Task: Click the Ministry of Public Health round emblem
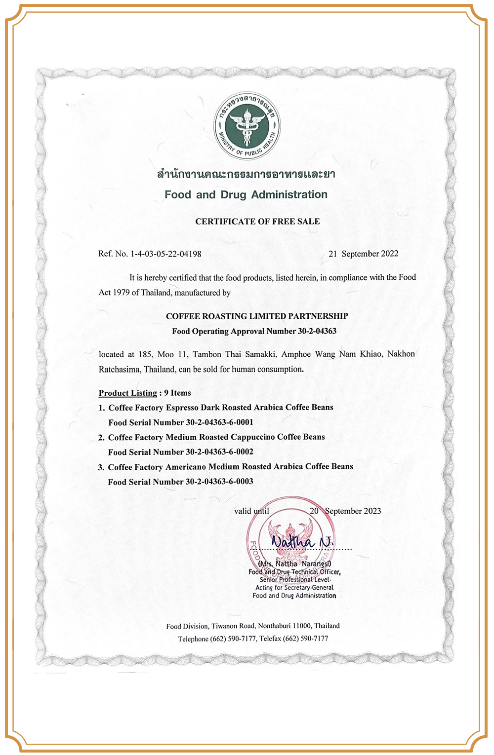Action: tap(247, 125)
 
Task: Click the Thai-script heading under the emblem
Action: tap(246, 174)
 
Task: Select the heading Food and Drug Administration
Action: tap(246, 194)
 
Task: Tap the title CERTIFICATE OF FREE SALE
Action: tap(257, 222)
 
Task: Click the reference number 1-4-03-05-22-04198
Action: tap(165, 254)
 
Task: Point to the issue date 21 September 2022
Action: tap(364, 254)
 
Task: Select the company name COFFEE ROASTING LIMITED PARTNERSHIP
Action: tap(257, 316)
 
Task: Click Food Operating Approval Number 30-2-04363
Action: tap(254, 331)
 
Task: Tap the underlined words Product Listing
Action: tap(127, 393)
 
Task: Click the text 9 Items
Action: tap(177, 393)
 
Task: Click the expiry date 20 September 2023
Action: tap(345, 511)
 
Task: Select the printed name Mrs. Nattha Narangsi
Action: tap(295, 564)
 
